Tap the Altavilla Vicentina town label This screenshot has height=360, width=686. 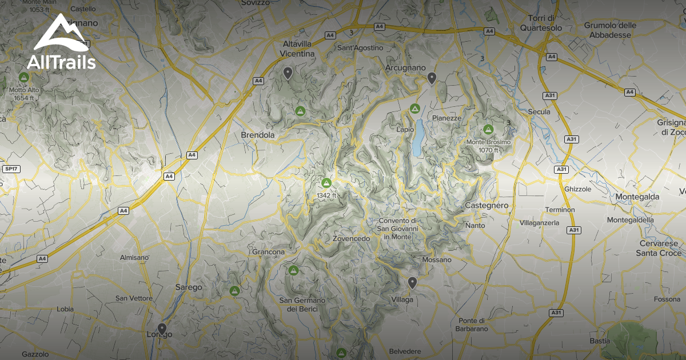[298, 49]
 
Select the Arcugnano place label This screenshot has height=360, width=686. [406, 67]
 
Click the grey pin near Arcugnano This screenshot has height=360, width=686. [432, 78]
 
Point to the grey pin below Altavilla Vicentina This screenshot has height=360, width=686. [288, 73]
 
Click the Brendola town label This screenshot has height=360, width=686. [258, 135]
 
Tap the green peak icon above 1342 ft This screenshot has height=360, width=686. [326, 183]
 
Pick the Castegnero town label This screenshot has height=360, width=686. [486, 205]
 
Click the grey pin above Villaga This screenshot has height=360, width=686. [412, 282]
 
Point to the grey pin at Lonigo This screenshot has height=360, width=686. [162, 329]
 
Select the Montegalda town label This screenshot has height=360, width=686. [637, 197]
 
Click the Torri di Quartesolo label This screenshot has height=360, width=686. [541, 23]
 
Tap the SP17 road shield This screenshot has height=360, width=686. [10, 169]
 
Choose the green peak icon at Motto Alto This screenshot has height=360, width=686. [24, 77]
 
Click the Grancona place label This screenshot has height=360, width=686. [268, 251]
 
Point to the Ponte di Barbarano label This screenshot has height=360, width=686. [471, 324]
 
